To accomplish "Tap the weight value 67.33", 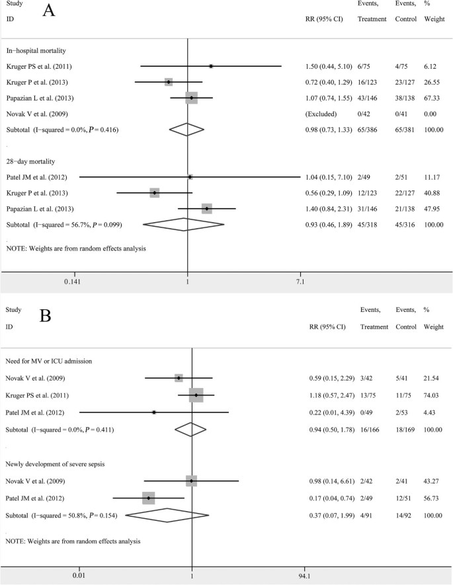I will (x=433, y=98).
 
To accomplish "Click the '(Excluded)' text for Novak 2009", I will (x=314, y=114).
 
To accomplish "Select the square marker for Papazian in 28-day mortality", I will (x=206, y=209).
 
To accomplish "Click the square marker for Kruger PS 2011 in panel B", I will (x=196, y=395).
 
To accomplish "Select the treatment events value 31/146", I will (x=370, y=209).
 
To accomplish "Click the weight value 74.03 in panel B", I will (x=433, y=395).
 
